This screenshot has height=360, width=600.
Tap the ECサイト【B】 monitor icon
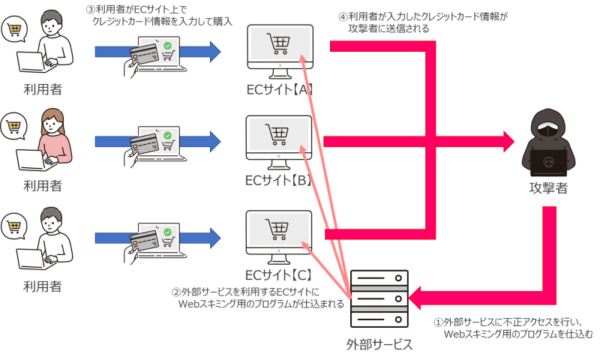[x=278, y=139]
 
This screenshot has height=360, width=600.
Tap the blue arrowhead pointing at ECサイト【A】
[x=215, y=51]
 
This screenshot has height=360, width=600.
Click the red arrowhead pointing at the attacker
[x=506, y=139]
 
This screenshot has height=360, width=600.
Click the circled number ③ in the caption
[x=90, y=10]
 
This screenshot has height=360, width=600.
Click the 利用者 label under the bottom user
[x=42, y=286]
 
